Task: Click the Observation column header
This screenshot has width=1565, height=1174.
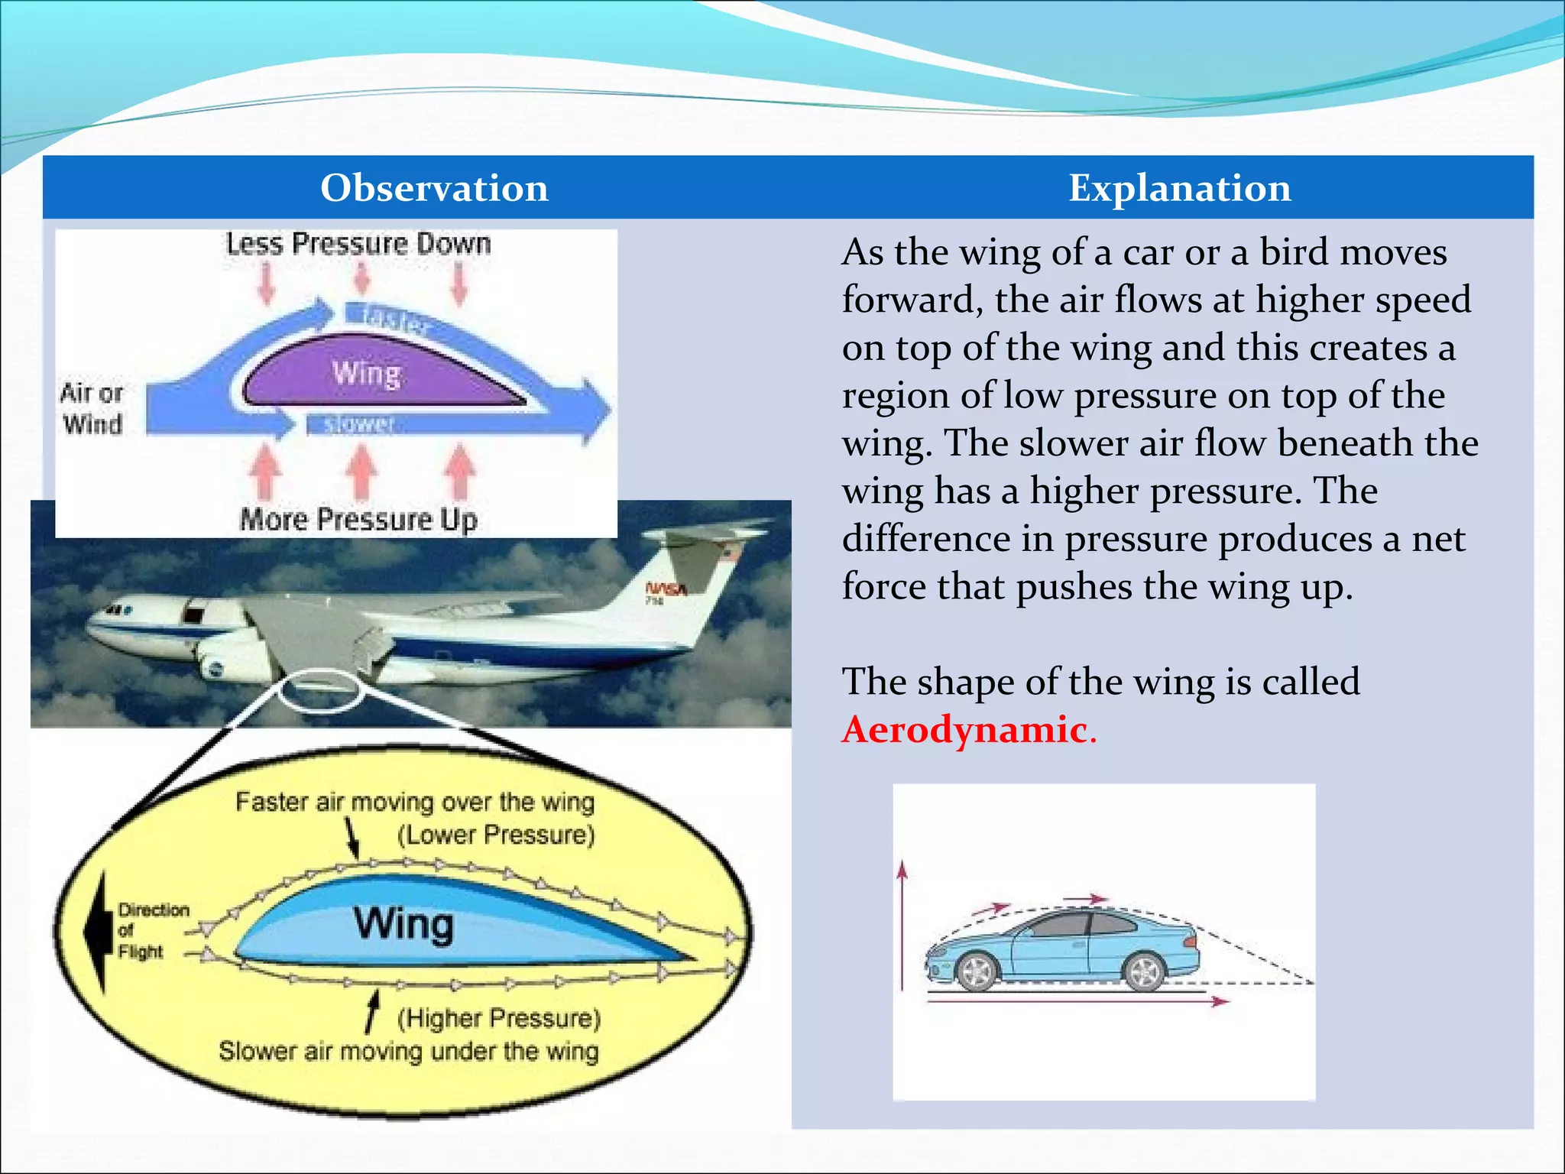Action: (434, 188)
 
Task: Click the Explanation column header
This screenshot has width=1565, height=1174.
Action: (1179, 188)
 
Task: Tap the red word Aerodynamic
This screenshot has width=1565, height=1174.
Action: (964, 729)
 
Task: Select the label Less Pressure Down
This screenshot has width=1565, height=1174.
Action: (358, 244)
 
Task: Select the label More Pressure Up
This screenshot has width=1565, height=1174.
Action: (358, 520)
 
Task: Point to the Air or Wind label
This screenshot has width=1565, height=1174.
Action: (92, 408)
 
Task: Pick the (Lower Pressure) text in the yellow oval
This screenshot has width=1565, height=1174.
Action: (495, 835)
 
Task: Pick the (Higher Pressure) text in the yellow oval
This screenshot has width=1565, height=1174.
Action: (498, 1018)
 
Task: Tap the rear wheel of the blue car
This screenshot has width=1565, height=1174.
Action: (1144, 971)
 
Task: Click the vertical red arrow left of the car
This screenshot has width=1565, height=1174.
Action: (902, 925)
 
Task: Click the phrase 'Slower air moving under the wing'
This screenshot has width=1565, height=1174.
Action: (408, 1051)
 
